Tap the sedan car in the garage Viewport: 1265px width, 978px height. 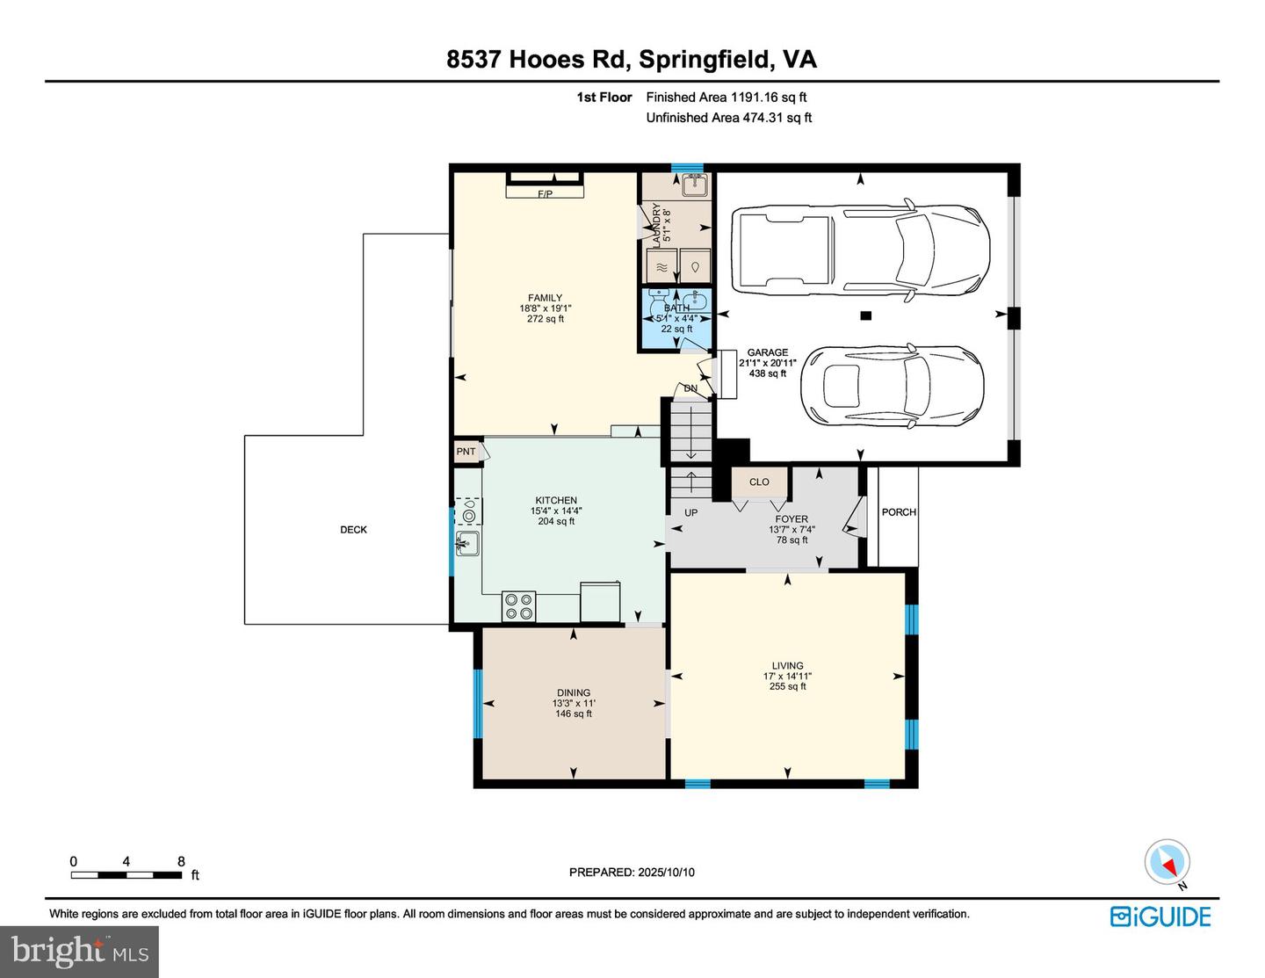point(893,385)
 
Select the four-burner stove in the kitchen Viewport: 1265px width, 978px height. point(518,606)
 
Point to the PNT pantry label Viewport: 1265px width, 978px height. point(466,451)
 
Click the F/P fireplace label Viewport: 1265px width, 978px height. point(545,194)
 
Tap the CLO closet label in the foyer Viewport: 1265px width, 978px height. point(759,482)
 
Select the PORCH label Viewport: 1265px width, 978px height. point(899,512)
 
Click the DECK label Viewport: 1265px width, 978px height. point(353,530)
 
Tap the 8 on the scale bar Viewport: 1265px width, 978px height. point(182,861)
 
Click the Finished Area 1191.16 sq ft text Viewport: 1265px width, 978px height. point(726,98)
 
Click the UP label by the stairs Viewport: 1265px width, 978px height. point(691,513)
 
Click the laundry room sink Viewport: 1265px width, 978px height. point(695,185)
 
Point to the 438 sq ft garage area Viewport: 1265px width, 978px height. point(767,373)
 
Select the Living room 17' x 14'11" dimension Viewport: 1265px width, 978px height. point(787,676)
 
